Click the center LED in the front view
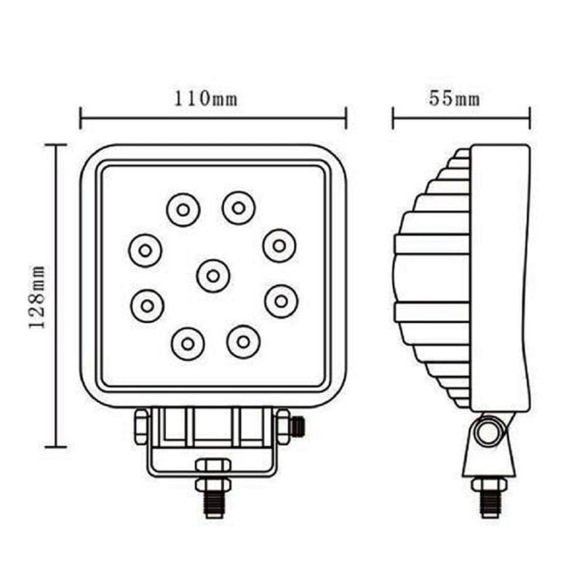pyautogui.click(x=212, y=276)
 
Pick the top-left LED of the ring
pyautogui.click(x=183, y=210)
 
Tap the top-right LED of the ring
pyautogui.click(x=239, y=207)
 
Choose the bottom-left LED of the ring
pyautogui.click(x=188, y=342)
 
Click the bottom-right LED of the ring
pyautogui.click(x=243, y=340)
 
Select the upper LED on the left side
pyautogui.click(x=145, y=250)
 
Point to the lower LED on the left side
pyautogui.click(x=147, y=306)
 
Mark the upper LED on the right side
pyautogui.click(x=279, y=245)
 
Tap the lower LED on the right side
pyautogui.click(x=282, y=300)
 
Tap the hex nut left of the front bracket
pyautogui.click(x=141, y=426)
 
